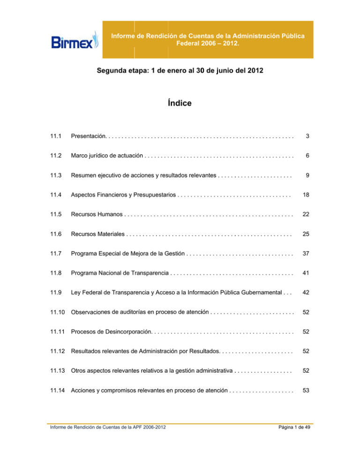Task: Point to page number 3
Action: pos(307,136)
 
